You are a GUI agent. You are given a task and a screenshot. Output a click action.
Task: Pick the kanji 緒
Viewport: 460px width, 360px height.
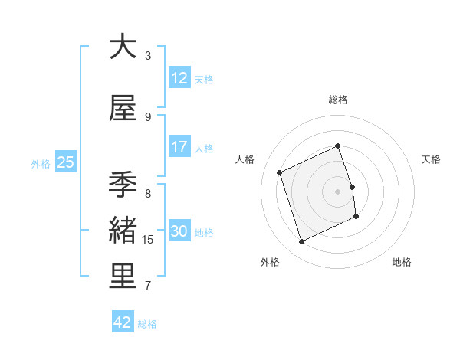(123, 231)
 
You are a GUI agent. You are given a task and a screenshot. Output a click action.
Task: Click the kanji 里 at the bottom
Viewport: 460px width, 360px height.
(123, 277)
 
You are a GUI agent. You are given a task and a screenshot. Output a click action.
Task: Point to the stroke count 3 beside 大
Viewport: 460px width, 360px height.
(148, 55)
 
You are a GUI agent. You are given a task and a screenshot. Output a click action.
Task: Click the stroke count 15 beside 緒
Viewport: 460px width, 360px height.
(148, 240)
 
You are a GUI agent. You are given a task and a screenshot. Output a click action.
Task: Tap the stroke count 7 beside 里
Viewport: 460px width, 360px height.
(148, 286)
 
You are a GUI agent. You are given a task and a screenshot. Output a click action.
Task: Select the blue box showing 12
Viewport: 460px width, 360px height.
(179, 78)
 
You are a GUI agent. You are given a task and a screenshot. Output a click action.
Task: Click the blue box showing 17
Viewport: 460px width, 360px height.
(179, 147)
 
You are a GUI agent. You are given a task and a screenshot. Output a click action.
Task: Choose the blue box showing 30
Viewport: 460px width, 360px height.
(179, 231)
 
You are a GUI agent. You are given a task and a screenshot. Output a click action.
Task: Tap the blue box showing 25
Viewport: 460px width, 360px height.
(65, 162)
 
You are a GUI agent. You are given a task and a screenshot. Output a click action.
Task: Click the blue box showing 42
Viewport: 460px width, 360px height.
(123, 322)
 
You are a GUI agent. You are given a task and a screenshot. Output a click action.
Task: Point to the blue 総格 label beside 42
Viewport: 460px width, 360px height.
(147, 324)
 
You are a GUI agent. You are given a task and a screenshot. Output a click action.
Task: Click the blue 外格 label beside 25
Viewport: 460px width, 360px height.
(41, 163)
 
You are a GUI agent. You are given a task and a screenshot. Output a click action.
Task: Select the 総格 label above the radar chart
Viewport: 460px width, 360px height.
(338, 100)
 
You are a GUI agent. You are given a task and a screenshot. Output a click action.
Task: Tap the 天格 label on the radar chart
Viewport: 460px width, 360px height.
(431, 159)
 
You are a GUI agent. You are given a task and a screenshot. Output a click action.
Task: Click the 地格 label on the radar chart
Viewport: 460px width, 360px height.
(402, 262)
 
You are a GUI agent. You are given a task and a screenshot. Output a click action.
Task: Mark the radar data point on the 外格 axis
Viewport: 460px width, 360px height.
(301, 242)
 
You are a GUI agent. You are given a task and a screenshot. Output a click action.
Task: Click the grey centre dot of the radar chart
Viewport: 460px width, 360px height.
(338, 191)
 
